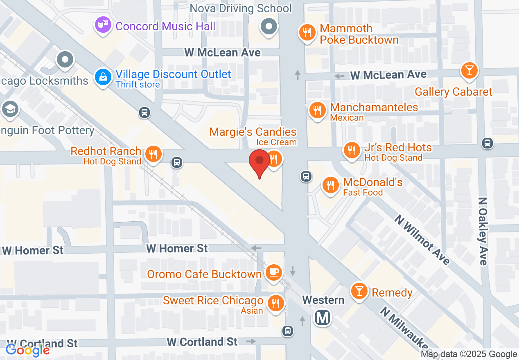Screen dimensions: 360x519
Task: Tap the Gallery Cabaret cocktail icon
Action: tap(469, 70)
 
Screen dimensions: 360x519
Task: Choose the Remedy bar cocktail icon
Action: tap(359, 291)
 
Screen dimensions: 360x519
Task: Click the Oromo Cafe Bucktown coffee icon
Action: tap(273, 272)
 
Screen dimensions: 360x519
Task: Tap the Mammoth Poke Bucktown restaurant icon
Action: tap(307, 33)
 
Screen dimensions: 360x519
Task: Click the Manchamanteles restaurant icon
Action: tap(317, 110)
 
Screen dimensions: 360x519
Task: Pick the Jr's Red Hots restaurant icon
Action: tap(352, 150)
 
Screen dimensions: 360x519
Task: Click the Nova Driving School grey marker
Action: tap(269, 27)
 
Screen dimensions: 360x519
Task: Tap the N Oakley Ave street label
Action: tap(483, 231)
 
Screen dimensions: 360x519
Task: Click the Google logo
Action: tap(27, 350)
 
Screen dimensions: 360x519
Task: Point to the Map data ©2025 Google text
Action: tap(469, 354)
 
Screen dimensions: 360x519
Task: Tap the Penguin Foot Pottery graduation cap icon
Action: tap(9, 109)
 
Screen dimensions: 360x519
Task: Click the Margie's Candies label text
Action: tap(253, 132)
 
